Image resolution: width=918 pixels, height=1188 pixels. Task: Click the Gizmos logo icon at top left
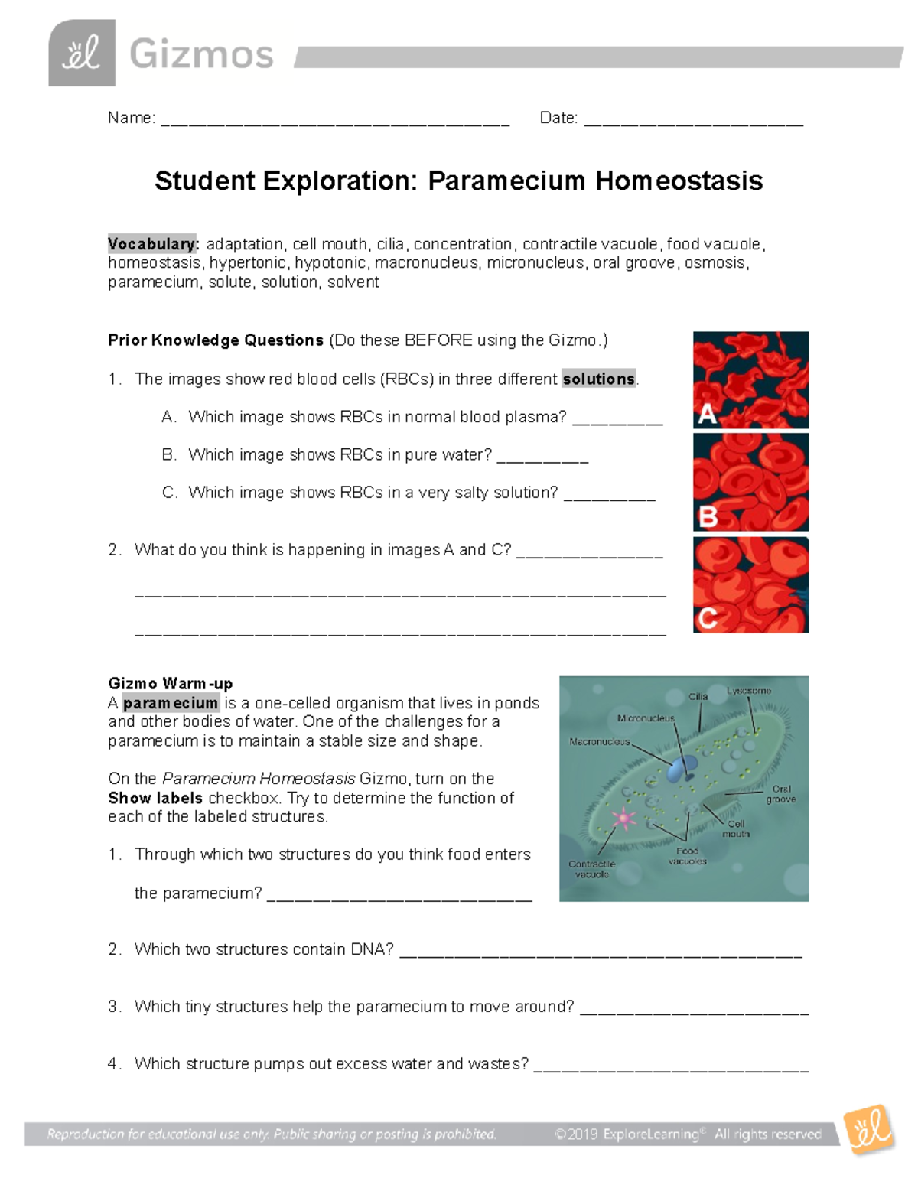point(82,53)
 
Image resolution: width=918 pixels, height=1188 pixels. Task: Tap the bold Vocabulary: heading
point(153,244)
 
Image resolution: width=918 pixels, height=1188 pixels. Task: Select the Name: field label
point(131,118)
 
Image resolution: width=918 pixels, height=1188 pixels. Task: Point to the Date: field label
point(558,118)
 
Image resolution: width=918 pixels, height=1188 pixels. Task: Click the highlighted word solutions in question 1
point(598,379)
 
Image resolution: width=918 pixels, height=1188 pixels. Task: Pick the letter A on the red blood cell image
point(707,414)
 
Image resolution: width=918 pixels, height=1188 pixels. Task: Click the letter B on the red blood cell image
point(708,517)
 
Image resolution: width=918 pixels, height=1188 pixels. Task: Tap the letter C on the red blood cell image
point(708,617)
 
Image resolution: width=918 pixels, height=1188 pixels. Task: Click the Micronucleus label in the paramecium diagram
point(646,718)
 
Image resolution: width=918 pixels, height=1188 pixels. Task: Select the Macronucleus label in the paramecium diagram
point(599,742)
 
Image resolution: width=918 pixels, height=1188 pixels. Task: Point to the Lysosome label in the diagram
point(749,691)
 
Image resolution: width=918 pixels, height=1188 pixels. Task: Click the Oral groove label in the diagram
point(781,794)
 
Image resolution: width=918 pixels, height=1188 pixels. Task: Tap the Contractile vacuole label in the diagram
point(591,869)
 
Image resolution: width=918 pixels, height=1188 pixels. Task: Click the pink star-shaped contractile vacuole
point(624,819)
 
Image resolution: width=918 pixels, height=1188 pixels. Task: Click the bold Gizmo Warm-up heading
point(170,683)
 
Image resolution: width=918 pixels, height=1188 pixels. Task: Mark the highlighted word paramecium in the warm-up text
point(171,703)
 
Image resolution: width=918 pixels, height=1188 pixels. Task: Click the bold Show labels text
point(155,798)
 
